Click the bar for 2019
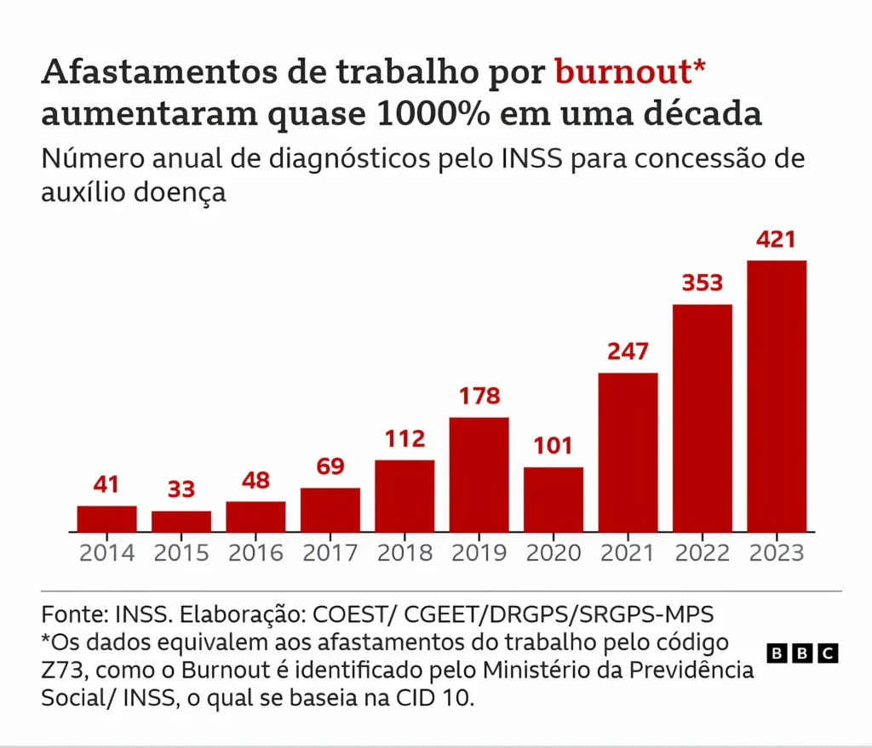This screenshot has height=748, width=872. pos(479,474)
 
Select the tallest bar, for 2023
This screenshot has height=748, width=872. pos(777,396)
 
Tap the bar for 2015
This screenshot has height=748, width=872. pos(181,521)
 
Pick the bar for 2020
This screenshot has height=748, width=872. pos(554,499)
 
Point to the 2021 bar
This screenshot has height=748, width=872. pos(628,452)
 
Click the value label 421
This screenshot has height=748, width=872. pos(777,240)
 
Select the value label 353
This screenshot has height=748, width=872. pos(702,283)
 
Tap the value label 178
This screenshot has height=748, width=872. pos(479,397)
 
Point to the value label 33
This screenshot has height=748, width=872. pos(181,490)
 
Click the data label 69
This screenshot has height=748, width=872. pos(330,467)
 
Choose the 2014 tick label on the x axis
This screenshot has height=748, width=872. pos(107,553)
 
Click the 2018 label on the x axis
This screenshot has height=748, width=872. pos(404,553)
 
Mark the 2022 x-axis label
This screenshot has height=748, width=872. pos(702,553)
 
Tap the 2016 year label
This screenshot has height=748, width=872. pos(255,553)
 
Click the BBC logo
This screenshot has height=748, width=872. pos(802,654)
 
